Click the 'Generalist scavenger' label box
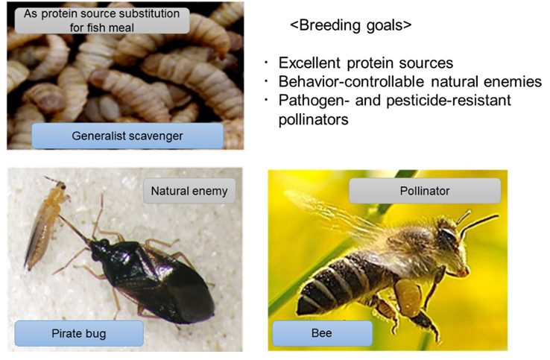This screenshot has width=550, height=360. coord(116,136)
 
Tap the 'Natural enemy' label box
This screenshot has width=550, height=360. coord(189,192)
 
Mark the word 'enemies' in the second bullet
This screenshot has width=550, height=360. coord(516,82)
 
